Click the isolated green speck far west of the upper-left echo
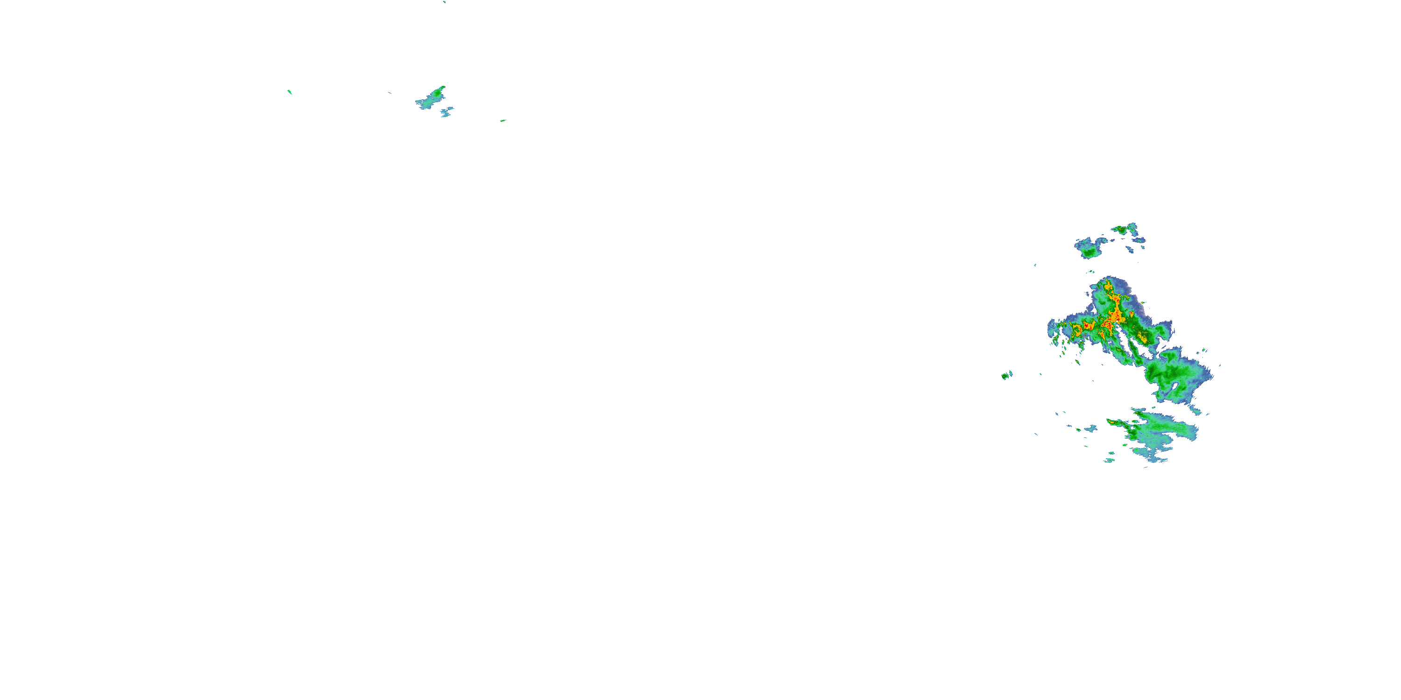(290, 92)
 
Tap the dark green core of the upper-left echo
(437, 93)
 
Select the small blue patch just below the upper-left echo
(446, 112)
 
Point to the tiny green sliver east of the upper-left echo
(503, 120)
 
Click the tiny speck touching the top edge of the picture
(444, 1)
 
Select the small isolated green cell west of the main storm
(1006, 375)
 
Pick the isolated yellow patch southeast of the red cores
(1142, 337)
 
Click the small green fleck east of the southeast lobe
(1203, 350)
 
